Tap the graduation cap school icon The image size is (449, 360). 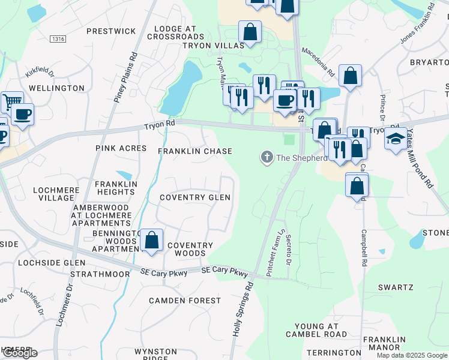point(394,139)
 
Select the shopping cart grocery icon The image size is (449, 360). point(11,102)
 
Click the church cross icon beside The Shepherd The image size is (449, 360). point(266,158)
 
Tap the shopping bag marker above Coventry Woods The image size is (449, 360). point(152,240)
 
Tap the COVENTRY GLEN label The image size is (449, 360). point(194,197)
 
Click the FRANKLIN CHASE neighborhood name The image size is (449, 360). point(194,152)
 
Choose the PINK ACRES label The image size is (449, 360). point(121,148)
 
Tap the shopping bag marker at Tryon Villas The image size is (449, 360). point(249,31)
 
